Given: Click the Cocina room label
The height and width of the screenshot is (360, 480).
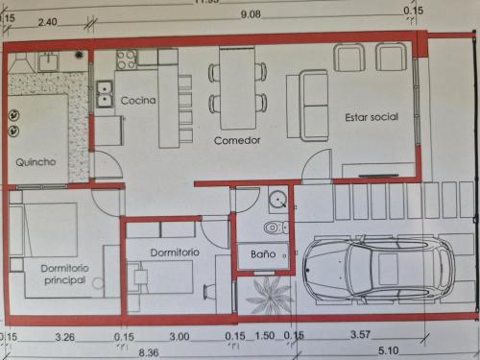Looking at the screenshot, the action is tap(138, 101).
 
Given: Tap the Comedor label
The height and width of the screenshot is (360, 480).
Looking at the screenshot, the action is tap(237, 140).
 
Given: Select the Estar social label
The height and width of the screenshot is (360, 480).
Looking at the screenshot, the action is tap(372, 117).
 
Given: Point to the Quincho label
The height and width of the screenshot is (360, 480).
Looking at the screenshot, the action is tap(36, 162).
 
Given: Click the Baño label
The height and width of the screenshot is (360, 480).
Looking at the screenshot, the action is tap(263, 254).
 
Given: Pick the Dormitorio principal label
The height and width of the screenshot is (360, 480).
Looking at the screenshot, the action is tap(64, 275).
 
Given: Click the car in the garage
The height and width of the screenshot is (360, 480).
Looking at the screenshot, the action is tap(378, 269).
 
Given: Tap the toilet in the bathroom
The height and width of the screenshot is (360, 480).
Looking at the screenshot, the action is tap(276, 228).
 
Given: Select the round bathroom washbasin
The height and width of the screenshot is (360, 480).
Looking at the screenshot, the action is tap(277, 200).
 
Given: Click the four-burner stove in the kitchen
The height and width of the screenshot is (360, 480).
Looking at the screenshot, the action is tap(126, 60).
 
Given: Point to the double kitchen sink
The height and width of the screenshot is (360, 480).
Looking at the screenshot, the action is tap(105, 94).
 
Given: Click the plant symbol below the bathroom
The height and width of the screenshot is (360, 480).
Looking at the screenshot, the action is tap(270, 295).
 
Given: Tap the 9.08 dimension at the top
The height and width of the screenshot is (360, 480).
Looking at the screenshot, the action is tap(251, 14).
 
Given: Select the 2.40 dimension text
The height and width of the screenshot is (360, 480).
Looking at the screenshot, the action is tap(48, 22).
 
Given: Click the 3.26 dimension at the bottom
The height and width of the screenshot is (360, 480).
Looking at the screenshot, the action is tap(65, 337).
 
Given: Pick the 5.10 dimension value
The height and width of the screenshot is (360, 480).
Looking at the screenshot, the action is tap(389, 350).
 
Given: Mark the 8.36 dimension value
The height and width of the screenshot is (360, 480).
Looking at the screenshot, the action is tap(149, 352).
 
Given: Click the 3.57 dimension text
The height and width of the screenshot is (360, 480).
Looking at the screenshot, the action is tap(360, 335).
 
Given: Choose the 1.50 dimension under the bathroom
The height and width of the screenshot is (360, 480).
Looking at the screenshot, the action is tap(265, 336).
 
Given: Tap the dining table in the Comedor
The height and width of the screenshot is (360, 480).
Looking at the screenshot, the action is tap(237, 88).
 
